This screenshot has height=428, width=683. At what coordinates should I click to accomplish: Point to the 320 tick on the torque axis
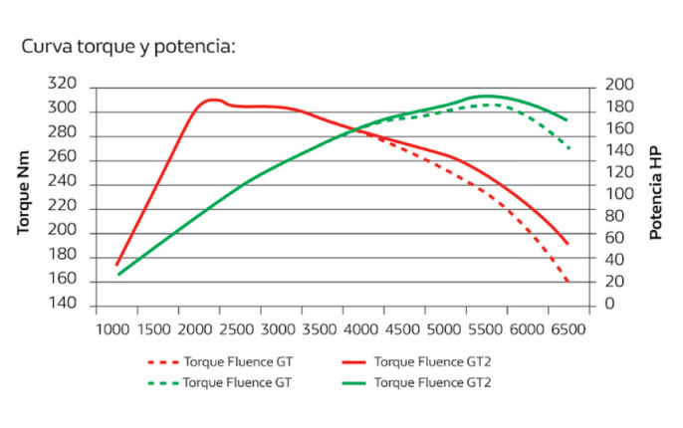(62, 86)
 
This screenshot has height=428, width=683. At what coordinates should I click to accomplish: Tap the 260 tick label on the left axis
(62, 159)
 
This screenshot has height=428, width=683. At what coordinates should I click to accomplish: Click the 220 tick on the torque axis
(62, 208)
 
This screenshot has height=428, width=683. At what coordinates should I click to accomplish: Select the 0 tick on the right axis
(608, 304)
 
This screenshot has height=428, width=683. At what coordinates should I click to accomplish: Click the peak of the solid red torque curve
(212, 100)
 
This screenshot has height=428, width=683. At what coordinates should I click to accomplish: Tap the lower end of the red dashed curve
(569, 283)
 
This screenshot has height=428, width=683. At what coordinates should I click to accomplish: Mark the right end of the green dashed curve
(569, 149)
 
